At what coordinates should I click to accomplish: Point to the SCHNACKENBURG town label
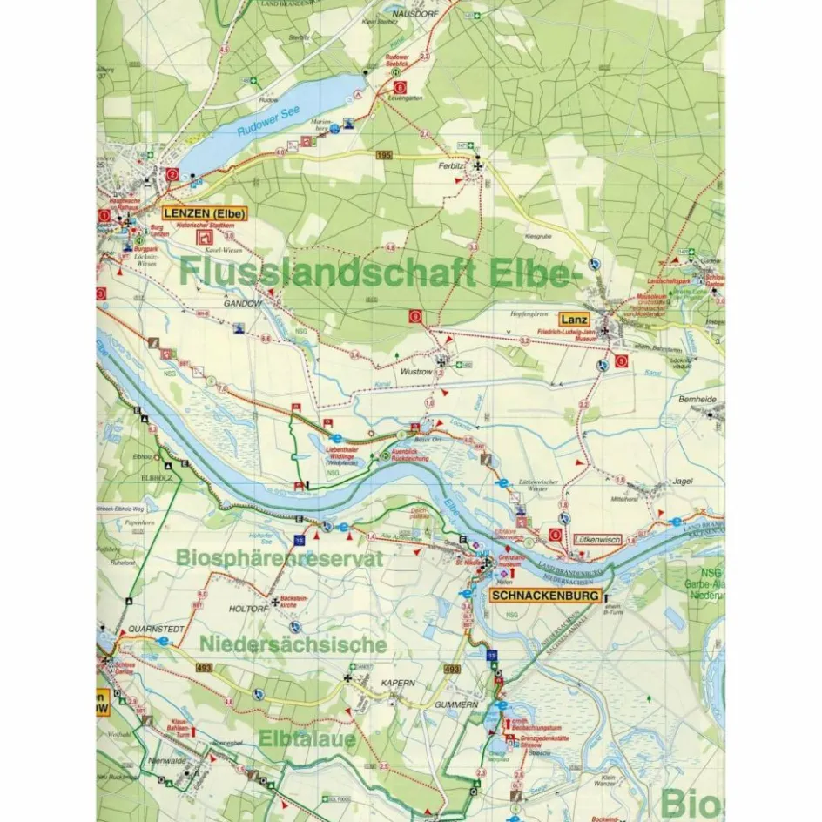(545, 596)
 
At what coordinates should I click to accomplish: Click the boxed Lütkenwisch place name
(598, 541)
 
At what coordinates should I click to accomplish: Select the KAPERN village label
(395, 684)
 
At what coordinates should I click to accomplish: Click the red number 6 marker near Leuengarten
(400, 87)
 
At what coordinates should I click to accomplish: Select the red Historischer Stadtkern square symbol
(205, 236)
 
